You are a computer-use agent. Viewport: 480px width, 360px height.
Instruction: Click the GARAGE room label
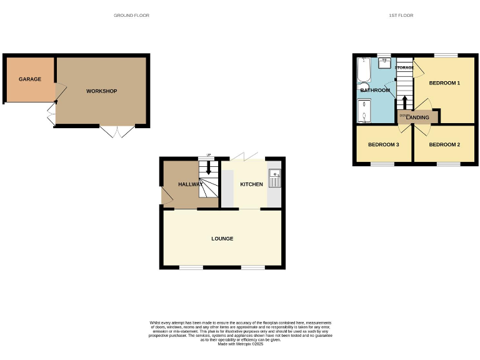point(30,79)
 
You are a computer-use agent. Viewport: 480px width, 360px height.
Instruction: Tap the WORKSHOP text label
point(101,91)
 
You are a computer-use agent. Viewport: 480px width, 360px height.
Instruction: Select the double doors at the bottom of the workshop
point(117,131)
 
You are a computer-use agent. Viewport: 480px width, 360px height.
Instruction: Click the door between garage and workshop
point(59,94)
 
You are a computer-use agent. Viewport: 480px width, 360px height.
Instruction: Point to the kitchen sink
point(274,179)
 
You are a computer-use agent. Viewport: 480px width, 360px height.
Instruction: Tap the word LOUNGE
point(222,239)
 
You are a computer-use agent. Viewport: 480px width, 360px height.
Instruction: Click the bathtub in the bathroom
point(363,71)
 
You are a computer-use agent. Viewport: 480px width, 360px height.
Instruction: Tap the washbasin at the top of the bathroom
point(384,63)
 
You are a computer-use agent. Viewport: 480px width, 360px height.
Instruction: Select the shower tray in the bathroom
point(363,112)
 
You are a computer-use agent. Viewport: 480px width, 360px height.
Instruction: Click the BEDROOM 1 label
point(444,83)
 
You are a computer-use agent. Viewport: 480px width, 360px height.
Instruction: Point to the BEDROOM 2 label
point(444,145)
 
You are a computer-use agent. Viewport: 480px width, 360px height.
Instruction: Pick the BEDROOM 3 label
point(382,145)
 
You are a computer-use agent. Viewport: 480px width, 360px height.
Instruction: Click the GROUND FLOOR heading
point(131,15)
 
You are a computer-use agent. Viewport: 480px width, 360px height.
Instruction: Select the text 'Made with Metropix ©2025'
point(240,344)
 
